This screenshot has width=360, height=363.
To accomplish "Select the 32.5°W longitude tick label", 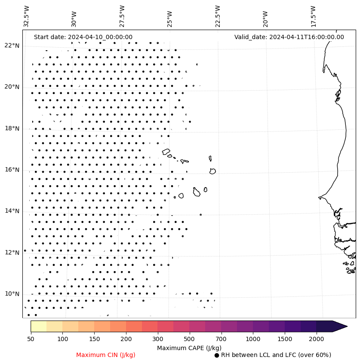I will pyautogui.click(x=27, y=16).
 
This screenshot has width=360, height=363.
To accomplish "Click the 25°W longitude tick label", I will pyautogui.click(x=169, y=16).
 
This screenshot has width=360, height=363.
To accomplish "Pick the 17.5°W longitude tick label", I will pyautogui.click(x=313, y=16).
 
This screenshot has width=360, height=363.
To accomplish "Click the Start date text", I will pyautogui.click(x=83, y=37).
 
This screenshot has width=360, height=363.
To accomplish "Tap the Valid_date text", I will pyautogui.click(x=289, y=37).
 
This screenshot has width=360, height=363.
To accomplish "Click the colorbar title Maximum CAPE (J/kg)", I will pyautogui.click(x=189, y=348).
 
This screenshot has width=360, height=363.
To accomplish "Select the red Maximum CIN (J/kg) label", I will pyautogui.click(x=106, y=355).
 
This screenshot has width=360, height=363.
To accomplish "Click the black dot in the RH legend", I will pyautogui.click(x=217, y=355).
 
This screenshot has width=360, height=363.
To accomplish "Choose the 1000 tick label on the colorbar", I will pyautogui.click(x=253, y=339).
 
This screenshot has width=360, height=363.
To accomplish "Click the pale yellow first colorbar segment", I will pyautogui.click(x=38, y=326).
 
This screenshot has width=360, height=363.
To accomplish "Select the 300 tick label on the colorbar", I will pyautogui.click(x=157, y=339).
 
